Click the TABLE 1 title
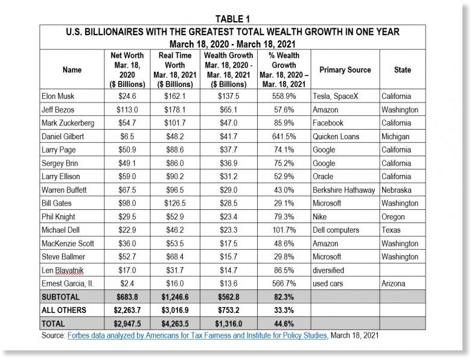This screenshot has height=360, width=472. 233,19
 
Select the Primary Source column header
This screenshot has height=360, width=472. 345,70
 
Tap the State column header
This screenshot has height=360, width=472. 403,70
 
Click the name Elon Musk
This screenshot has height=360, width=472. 58,96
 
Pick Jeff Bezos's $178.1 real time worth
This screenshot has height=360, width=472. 175,110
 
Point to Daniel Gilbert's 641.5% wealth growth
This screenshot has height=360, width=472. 284,136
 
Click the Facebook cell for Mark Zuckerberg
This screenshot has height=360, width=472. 328,123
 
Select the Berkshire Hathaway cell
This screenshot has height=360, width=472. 344,190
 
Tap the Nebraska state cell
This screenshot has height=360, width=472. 397,190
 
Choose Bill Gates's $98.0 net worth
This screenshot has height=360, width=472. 127,203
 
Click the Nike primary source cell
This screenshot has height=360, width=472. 320,217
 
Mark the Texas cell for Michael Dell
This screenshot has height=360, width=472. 391,230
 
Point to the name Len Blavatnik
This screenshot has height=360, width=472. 62,270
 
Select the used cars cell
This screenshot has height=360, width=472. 328,283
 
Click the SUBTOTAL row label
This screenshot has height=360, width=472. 60,297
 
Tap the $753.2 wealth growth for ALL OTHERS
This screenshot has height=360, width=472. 229,311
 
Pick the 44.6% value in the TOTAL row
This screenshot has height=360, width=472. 284,324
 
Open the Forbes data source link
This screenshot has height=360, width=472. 197,335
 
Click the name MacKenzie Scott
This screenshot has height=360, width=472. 68,244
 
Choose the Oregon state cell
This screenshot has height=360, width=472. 393,217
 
